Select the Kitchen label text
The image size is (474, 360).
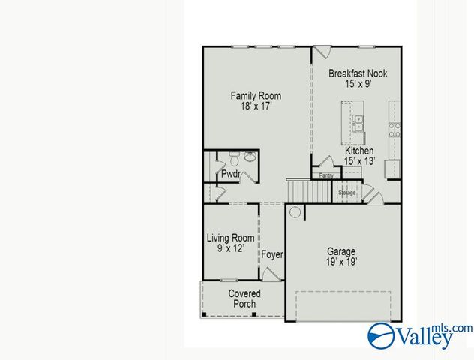point(359,156)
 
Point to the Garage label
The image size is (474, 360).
point(341,256)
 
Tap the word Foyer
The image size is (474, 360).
point(272,255)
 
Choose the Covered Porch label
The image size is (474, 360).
point(244,298)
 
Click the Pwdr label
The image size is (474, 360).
point(229,174)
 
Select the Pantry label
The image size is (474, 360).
point(326,175)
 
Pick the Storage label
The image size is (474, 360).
point(346,193)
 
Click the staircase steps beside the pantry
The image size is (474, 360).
point(304,191)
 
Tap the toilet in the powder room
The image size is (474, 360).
point(233,159)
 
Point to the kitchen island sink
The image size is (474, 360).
point(358,123)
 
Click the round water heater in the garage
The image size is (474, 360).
point(295,212)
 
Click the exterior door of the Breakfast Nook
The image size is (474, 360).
point(322,52)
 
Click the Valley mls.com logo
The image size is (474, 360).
point(421,335)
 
